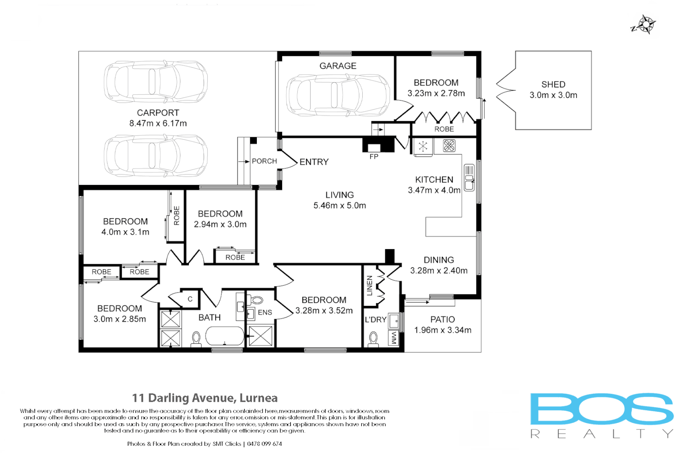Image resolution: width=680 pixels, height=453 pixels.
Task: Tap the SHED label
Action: pos(553,84)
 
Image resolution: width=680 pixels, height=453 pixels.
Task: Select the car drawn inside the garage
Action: pos(338,95)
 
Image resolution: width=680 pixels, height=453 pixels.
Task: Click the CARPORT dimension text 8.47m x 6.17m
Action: pos(158,123)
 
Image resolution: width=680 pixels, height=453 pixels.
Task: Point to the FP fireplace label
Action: pos(374,156)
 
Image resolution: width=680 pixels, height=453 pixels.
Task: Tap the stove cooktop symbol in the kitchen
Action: pos(449,146)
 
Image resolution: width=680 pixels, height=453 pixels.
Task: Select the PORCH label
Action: pos(264,161)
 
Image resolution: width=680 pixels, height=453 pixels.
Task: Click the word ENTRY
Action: pos(314,162)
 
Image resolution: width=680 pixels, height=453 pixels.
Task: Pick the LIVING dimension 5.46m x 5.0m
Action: pos(340,206)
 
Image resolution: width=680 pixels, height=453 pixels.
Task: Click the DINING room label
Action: pos(439,260)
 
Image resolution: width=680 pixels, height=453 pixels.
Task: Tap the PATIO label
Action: pos(442,319)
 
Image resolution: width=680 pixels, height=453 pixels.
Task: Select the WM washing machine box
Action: pos(394,338)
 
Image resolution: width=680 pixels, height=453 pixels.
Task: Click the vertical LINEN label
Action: pos(369,286)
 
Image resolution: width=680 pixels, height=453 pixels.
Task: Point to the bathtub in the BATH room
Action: pos(225,336)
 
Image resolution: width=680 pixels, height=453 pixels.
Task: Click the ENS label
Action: pos(265,312)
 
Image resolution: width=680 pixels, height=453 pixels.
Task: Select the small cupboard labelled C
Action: pos(190,299)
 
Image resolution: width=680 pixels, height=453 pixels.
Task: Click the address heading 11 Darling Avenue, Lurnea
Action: pos(205,398)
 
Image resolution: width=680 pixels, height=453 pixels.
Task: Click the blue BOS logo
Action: pos(602,409)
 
